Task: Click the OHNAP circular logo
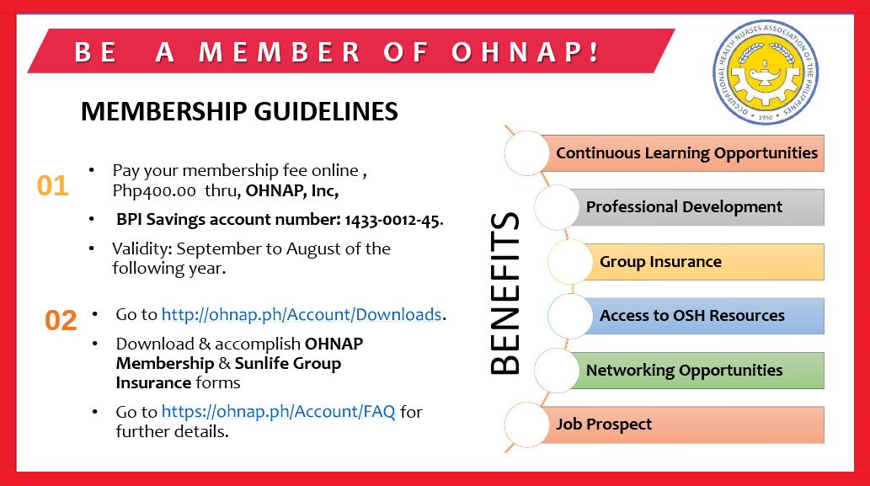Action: point(765,72)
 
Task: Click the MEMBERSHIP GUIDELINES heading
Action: point(239,112)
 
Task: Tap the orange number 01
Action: point(52,186)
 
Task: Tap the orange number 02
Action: point(61,320)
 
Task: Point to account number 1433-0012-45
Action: point(392,221)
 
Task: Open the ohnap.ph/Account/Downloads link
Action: point(302,314)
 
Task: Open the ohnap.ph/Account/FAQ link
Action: point(278,412)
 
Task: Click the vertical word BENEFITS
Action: point(504,293)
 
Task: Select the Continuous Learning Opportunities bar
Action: point(686,153)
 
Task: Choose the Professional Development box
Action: point(684,207)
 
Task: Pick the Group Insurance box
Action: point(660,262)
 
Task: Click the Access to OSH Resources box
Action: point(691,316)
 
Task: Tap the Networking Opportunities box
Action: point(684,371)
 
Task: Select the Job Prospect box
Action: point(604,425)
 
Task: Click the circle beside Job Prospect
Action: point(526,425)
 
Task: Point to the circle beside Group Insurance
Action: point(570,262)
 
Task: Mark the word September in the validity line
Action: point(215,248)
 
